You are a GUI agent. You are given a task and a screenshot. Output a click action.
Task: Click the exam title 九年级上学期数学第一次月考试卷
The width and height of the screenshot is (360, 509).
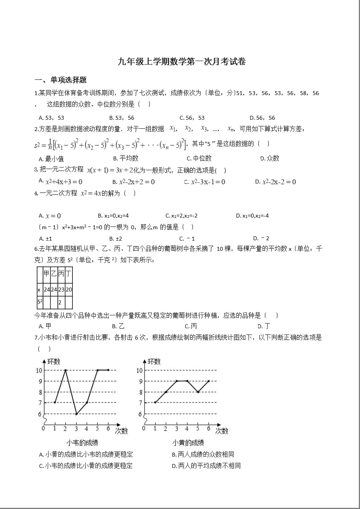coord(182,62)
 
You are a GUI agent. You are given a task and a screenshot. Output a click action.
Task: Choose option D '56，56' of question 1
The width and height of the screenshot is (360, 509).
coord(266,117)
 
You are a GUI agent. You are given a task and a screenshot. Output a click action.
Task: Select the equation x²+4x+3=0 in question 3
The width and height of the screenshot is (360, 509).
coord(64,182)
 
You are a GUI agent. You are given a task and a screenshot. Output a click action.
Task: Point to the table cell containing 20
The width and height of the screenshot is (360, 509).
coord(68,290)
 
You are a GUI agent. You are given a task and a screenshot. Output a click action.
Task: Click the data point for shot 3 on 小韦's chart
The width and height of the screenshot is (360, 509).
coord(77,414)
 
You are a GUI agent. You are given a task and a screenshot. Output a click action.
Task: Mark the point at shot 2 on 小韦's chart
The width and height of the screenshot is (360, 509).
coord(65,370)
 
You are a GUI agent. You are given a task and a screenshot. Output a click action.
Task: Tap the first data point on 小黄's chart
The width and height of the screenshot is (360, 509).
coord(155,403)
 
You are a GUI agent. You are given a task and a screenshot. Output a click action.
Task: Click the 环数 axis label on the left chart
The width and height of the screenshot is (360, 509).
coord(54,362)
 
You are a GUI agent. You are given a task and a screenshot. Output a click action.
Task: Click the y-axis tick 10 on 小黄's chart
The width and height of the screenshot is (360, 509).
coord(140,370)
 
